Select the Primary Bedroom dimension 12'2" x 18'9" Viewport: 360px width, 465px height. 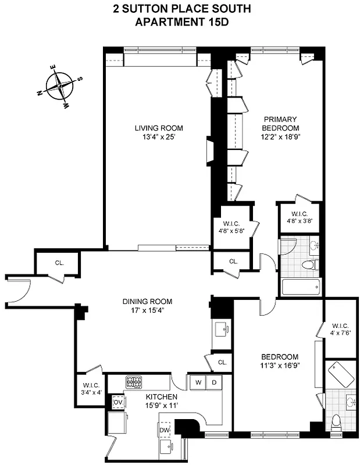tap(280, 137)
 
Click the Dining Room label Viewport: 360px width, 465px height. tap(147, 301)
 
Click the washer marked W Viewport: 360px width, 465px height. tap(198, 382)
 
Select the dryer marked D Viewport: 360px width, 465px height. tap(214, 382)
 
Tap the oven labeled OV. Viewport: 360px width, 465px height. tap(117, 402)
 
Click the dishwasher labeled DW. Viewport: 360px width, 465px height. tap(165, 430)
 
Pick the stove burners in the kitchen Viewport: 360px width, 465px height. tap(134, 382)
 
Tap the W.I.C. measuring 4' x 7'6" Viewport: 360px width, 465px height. tap(339, 329)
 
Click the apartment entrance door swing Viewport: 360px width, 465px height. tap(17, 289)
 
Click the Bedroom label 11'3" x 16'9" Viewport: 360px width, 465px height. tap(279, 361)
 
